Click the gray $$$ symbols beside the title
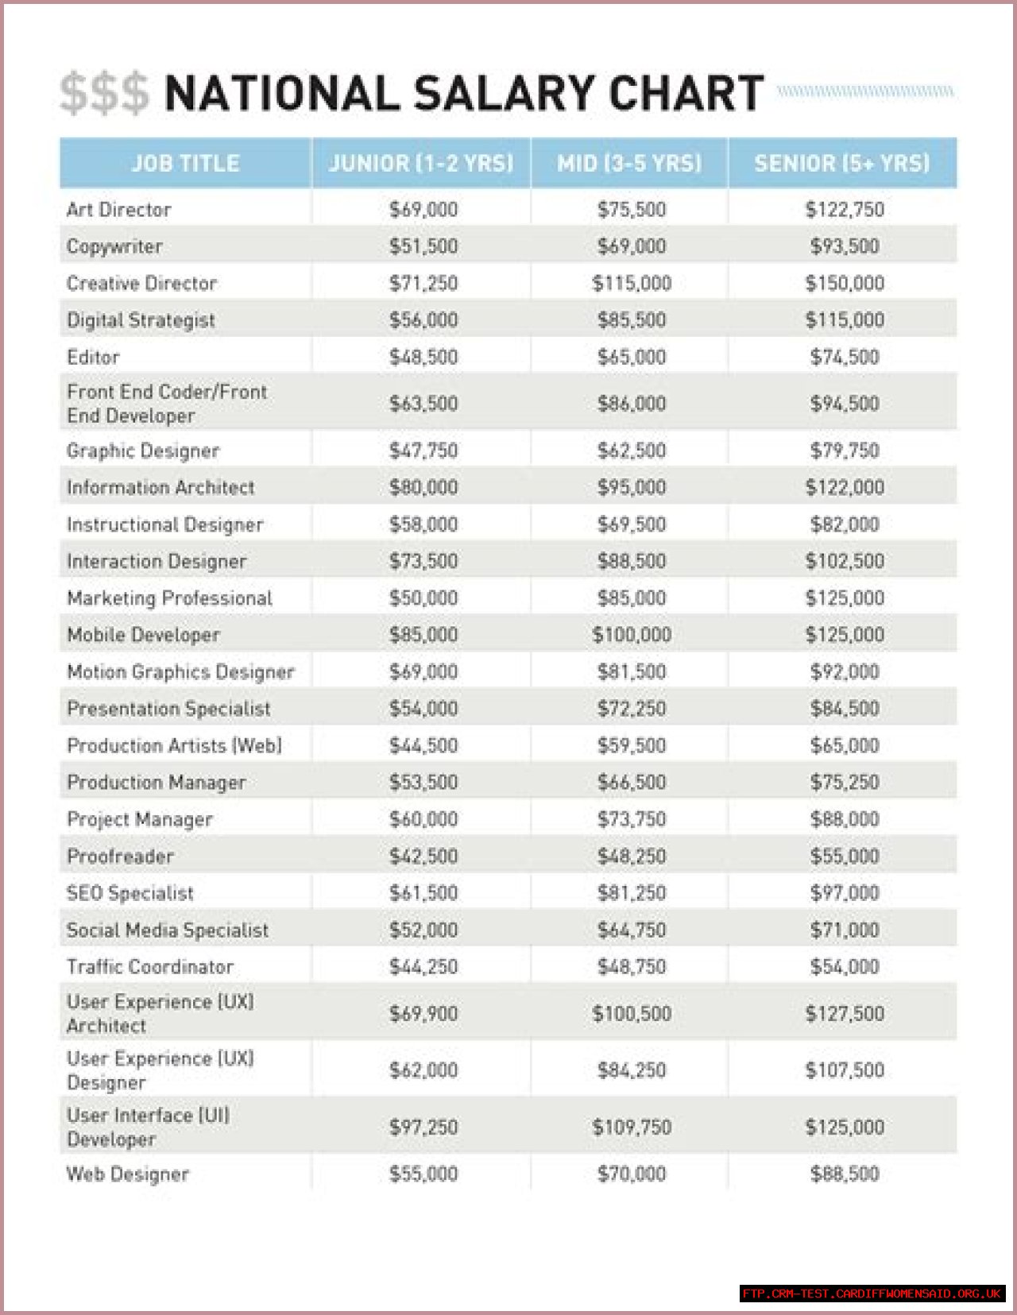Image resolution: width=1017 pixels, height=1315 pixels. [x=104, y=93]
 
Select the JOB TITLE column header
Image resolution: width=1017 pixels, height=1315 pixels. [x=185, y=163]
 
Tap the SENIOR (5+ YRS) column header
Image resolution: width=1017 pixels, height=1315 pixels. [x=841, y=163]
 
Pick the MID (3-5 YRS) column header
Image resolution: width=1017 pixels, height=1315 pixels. [x=629, y=163]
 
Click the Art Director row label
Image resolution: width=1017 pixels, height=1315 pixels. [x=119, y=210]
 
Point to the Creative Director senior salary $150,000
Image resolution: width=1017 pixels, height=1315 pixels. [x=845, y=283]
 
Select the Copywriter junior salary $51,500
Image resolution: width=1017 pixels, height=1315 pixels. [x=423, y=246]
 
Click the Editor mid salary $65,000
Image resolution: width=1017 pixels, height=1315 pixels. [x=632, y=357]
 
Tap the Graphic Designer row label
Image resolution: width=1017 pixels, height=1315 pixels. [x=143, y=451]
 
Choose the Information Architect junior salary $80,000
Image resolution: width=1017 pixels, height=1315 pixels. [x=423, y=487]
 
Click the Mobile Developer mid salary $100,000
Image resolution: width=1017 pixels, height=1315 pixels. [x=632, y=635]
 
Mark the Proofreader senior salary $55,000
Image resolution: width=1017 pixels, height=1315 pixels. [x=845, y=856]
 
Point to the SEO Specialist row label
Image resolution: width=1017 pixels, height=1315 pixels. [x=130, y=893]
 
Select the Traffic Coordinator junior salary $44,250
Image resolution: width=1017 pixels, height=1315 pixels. [x=423, y=967]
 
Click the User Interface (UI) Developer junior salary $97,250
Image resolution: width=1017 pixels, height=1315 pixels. [x=423, y=1127]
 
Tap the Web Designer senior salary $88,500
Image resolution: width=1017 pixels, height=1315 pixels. [x=845, y=1174]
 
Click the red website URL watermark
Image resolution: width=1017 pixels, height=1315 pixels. [x=872, y=1294]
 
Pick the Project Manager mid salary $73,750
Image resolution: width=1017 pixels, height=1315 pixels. [x=632, y=819]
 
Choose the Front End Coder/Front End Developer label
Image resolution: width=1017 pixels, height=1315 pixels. [x=167, y=404]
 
